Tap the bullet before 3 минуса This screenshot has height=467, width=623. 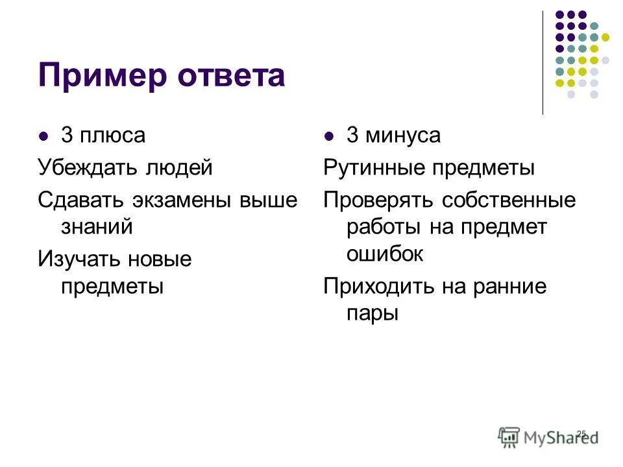[x=329, y=137]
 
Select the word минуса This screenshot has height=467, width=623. [x=402, y=136]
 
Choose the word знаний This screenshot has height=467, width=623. [x=97, y=226]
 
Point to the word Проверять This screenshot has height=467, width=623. [x=380, y=200]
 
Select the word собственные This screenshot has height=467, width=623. [x=509, y=200]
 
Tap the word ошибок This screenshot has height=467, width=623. [x=385, y=254]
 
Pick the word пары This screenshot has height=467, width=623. [x=371, y=313]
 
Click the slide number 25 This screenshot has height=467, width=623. [x=581, y=433]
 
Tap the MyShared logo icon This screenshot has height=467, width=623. [x=509, y=436]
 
